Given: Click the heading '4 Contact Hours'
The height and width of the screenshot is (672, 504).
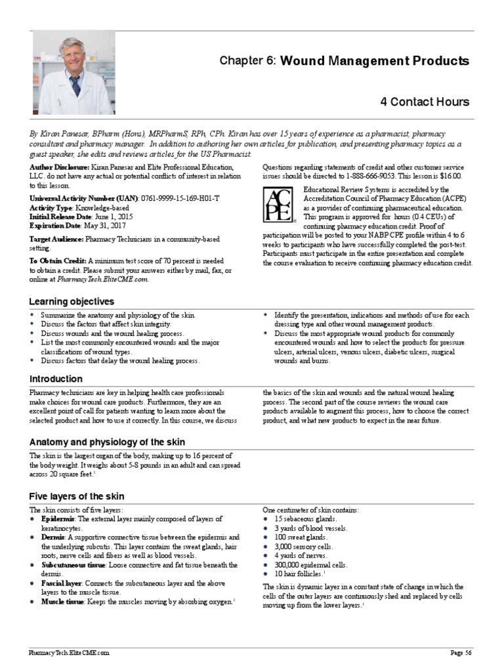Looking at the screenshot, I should pyautogui.click(x=425, y=102).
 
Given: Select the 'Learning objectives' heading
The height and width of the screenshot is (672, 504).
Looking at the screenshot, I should pyautogui.click(x=72, y=301).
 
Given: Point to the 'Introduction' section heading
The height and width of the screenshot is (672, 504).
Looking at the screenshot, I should pyautogui.click(x=56, y=379).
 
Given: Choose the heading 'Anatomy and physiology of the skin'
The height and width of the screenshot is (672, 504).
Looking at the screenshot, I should pyautogui.click(x=107, y=441).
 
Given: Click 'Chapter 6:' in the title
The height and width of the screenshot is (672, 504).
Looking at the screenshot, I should pyautogui.click(x=249, y=61).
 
